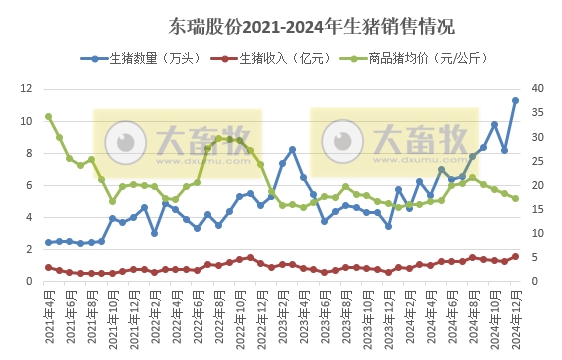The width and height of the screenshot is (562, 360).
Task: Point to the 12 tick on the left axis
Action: coord(27,89)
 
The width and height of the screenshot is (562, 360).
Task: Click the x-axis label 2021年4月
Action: coord(48,318)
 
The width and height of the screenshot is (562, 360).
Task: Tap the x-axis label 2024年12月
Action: coord(515,318)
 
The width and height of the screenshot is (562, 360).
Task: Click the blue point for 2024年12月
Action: coord(515,100)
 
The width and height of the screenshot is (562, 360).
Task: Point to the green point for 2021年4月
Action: coord(48,116)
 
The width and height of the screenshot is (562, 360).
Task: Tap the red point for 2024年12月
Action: coord(515,257)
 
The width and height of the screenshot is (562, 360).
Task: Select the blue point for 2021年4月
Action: coord(48,242)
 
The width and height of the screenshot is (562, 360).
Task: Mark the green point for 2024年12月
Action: coord(515,198)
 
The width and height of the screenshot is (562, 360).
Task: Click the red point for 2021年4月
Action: coord(48,267)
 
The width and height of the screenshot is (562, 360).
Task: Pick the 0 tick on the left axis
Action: coord(30,281)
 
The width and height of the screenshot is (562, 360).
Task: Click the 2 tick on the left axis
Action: coord(30,249)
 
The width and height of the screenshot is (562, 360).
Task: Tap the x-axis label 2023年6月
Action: coord(324,318)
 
